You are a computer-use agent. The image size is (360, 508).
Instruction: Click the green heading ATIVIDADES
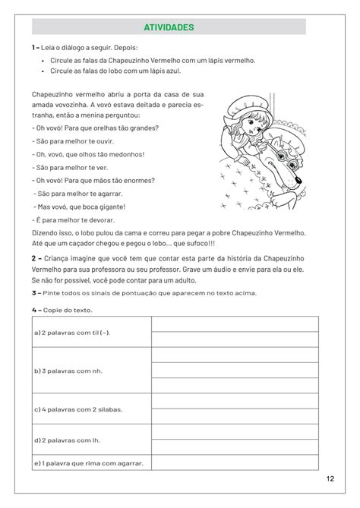tap(169, 27)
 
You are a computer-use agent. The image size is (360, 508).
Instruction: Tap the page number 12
tap(330, 478)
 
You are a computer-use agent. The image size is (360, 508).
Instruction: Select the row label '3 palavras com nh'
tap(68, 371)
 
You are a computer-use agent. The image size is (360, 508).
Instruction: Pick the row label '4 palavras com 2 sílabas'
tap(78, 409)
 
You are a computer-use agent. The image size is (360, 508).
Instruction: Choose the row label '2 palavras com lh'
tap(66, 440)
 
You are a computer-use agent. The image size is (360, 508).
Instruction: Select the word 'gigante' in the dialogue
tap(110, 206)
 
